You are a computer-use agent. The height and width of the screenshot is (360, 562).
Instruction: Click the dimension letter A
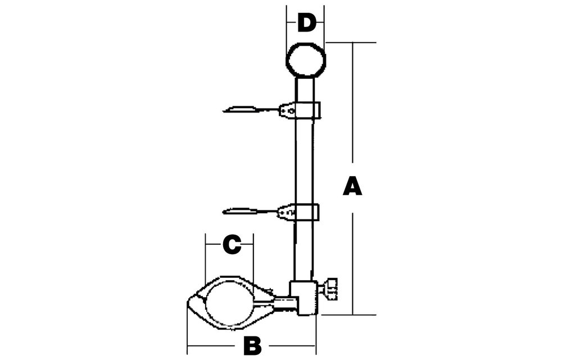(352, 186)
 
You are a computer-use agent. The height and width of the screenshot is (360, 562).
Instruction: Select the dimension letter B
(252, 346)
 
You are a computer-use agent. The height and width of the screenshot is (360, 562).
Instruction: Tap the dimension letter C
(232, 245)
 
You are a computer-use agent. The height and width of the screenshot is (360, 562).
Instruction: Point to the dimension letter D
(307, 22)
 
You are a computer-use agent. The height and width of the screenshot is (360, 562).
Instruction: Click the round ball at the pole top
(306, 60)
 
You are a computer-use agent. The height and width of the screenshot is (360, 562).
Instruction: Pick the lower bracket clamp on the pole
(300, 212)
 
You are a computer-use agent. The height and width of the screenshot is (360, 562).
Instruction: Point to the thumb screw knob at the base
(330, 289)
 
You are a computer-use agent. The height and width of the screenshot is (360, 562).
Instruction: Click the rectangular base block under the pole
(304, 298)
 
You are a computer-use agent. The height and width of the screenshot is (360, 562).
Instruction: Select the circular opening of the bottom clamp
(229, 303)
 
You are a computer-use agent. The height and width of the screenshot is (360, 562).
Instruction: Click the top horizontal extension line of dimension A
(351, 42)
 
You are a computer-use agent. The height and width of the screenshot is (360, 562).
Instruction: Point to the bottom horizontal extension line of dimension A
(348, 315)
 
